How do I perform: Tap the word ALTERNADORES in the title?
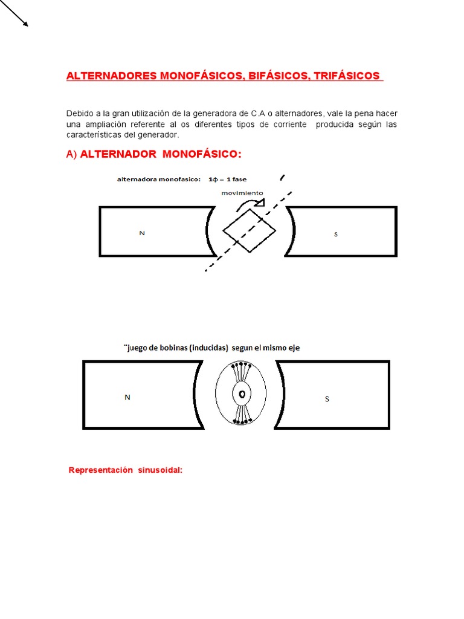(111, 76)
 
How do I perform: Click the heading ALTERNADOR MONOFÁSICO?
(160, 154)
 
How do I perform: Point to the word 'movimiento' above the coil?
(242, 193)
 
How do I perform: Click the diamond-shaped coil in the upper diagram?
(249, 230)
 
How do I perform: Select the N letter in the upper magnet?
(142, 233)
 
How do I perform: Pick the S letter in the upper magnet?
(336, 234)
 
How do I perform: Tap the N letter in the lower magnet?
(127, 397)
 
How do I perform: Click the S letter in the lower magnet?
(327, 399)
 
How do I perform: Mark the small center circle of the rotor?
(242, 394)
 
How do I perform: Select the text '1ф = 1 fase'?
(227, 180)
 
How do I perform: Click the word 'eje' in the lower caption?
(294, 348)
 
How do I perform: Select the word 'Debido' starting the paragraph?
(79, 114)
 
